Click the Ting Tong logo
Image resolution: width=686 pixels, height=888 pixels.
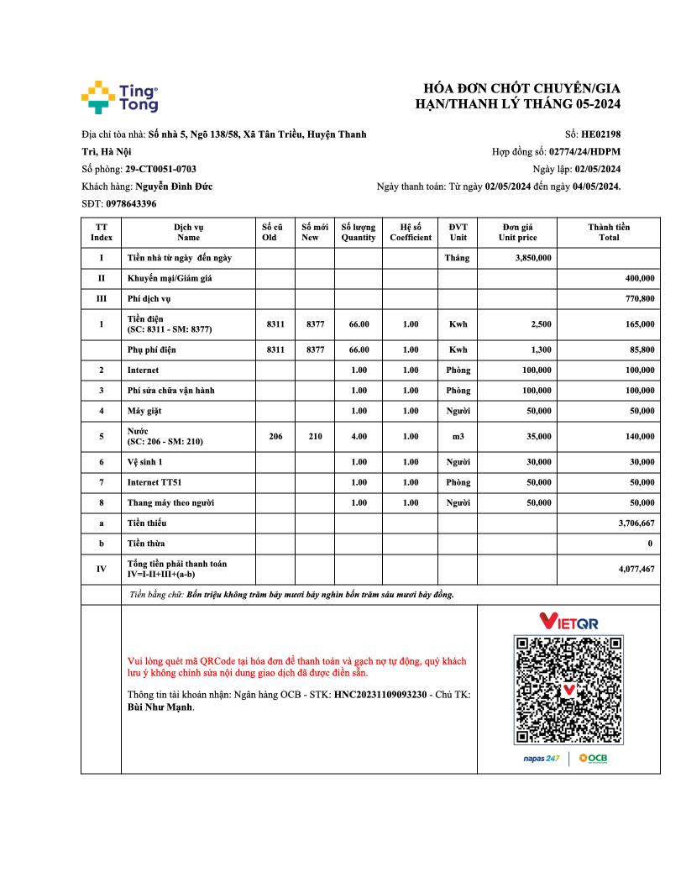(x=119, y=97)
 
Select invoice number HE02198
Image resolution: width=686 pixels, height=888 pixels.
(x=600, y=134)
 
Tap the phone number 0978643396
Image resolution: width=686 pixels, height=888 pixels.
(x=131, y=204)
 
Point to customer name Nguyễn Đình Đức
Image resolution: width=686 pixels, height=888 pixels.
(x=174, y=187)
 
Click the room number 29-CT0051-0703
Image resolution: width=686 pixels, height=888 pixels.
(x=160, y=169)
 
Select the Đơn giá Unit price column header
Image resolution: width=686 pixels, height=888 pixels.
(x=517, y=232)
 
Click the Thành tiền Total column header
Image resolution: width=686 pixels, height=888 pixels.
(x=609, y=232)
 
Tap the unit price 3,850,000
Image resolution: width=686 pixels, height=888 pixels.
(x=532, y=258)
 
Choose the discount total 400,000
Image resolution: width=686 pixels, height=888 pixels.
(x=640, y=278)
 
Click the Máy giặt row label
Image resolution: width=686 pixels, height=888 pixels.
(x=145, y=411)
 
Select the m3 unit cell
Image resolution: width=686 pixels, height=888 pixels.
(x=458, y=436)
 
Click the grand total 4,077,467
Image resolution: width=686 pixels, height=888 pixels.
(x=636, y=569)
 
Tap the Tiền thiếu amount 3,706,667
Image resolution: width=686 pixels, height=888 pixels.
(x=636, y=523)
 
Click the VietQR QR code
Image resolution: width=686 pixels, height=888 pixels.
(x=568, y=690)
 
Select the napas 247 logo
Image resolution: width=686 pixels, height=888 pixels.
(x=541, y=759)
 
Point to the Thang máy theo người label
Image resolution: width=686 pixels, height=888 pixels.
(x=170, y=502)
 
